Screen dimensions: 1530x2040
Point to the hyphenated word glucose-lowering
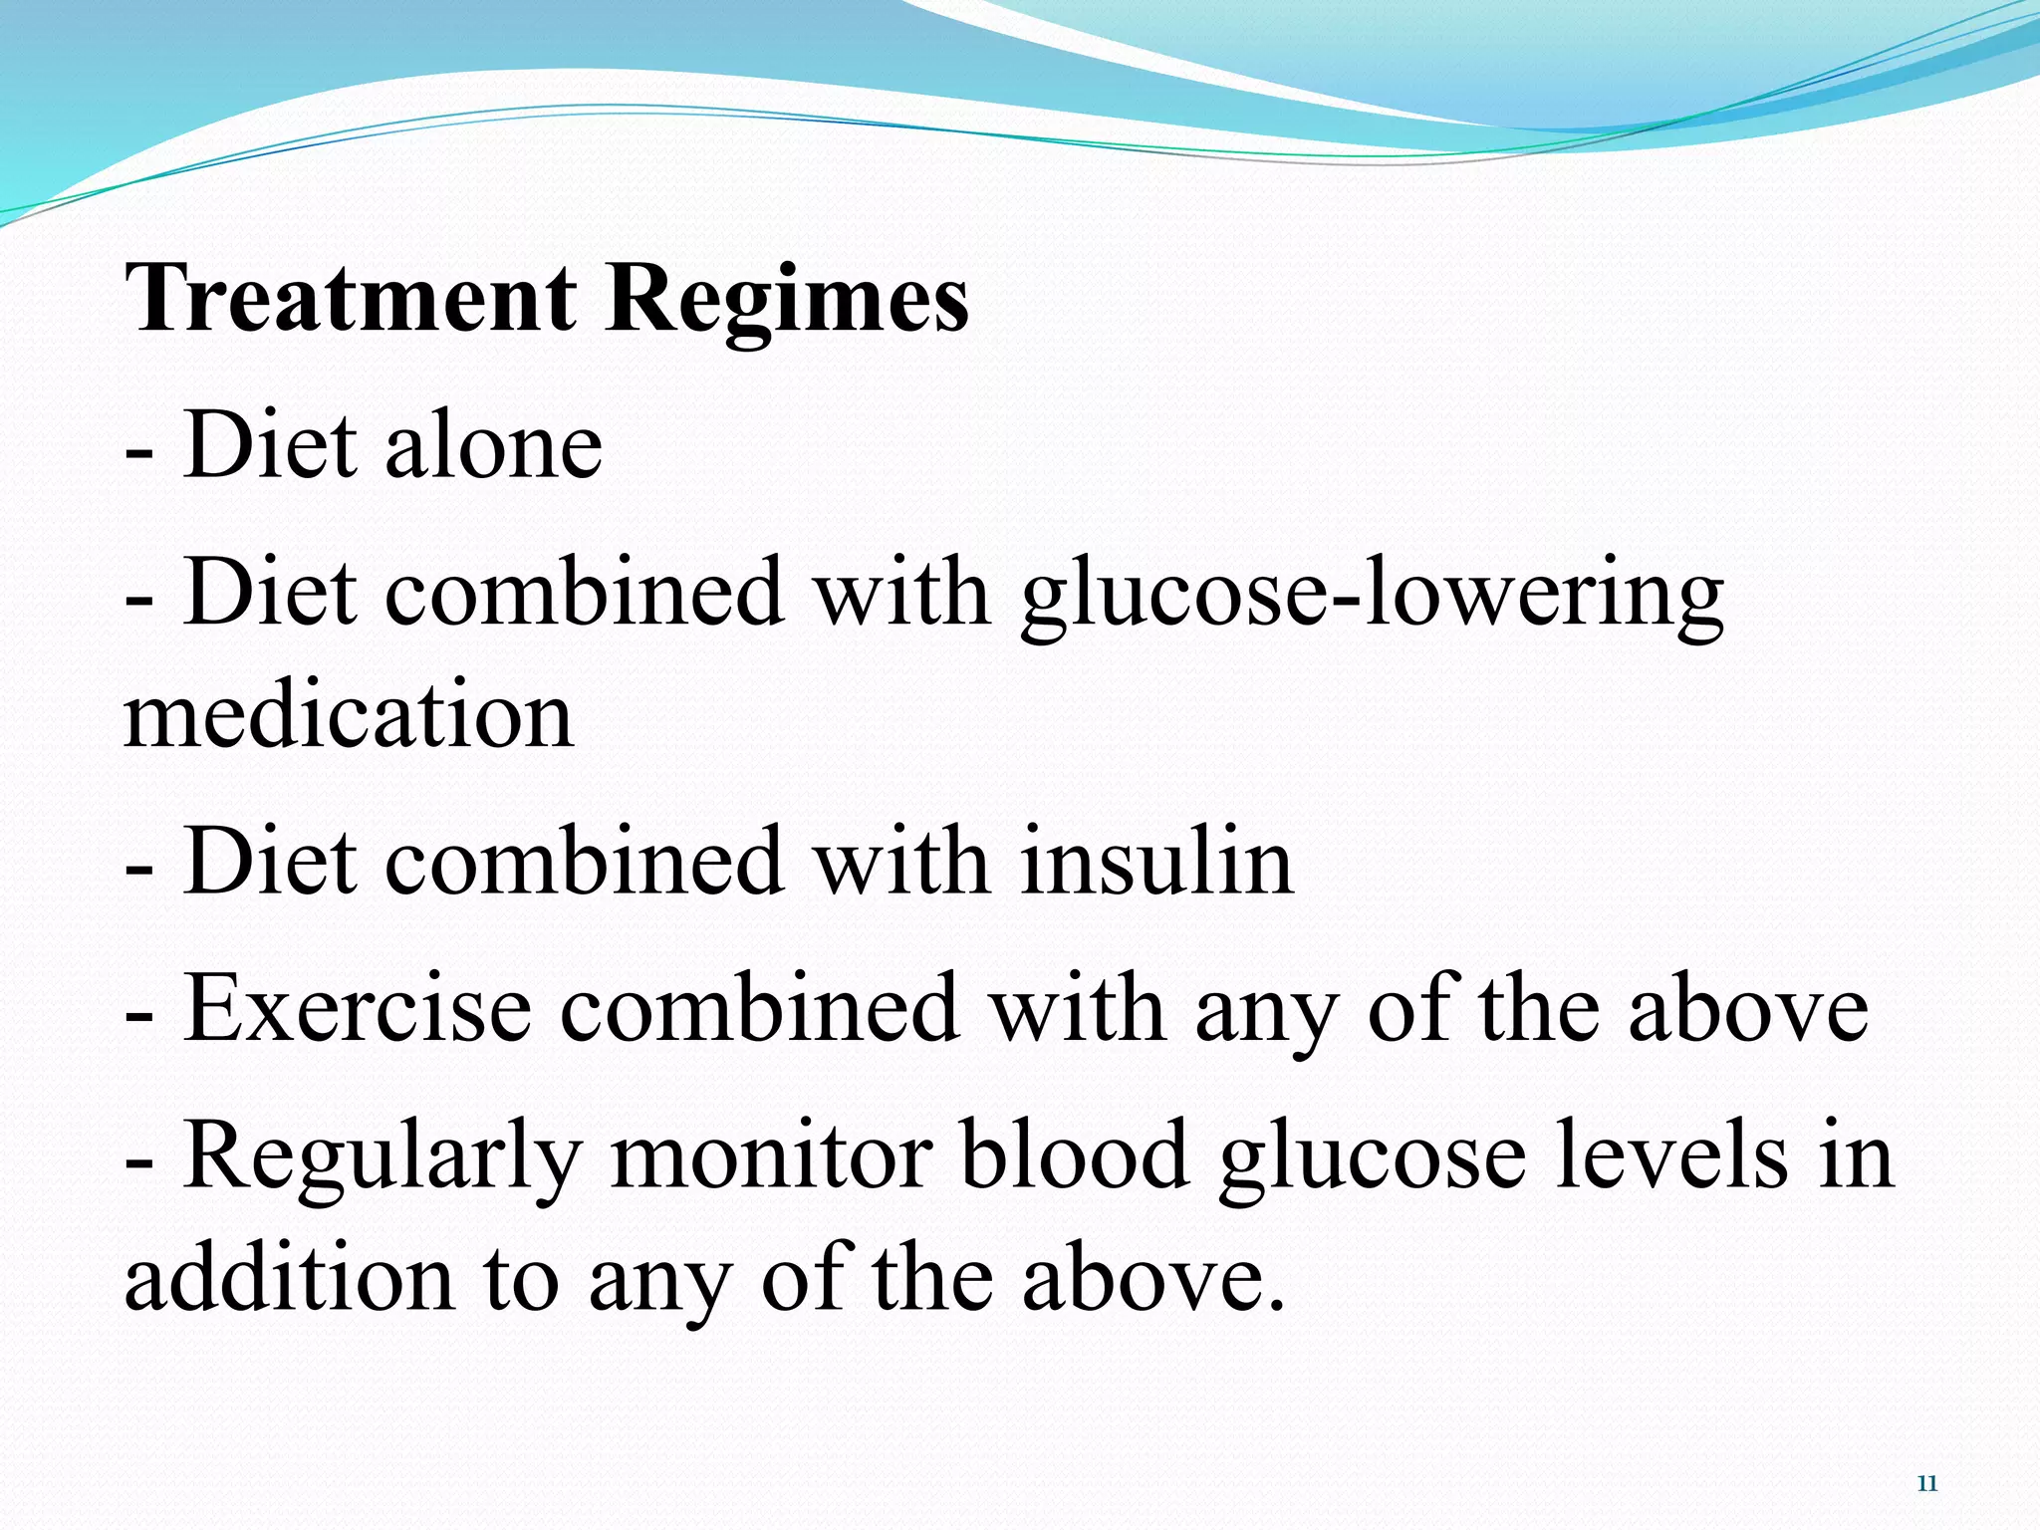click(1372, 596)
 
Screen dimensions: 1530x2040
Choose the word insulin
click(1156, 862)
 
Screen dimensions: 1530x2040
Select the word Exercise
click(357, 1008)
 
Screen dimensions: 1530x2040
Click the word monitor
click(771, 1155)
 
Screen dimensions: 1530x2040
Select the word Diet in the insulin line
click(270, 862)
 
